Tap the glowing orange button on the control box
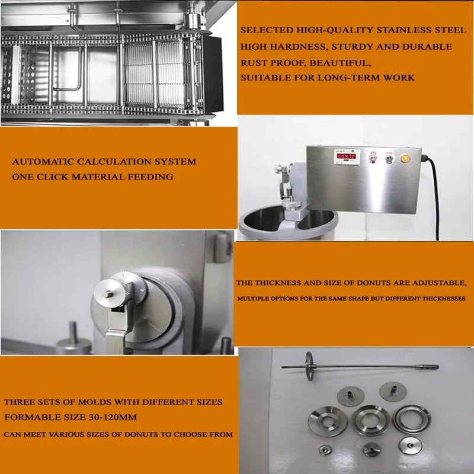405,159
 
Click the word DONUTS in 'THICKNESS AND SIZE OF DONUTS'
357,283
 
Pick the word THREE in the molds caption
20,402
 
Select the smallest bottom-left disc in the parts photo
326,450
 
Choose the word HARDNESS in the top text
289,47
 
